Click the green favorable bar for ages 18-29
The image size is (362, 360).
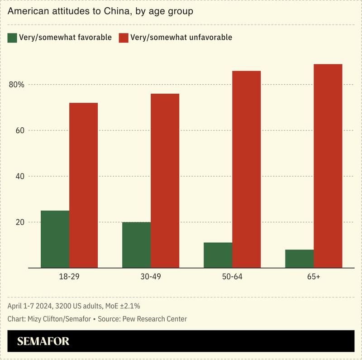(x=55, y=239)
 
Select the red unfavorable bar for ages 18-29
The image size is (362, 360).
(x=83, y=185)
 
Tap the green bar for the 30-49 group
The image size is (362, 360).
(x=136, y=245)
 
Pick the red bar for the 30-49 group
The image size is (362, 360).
(x=165, y=181)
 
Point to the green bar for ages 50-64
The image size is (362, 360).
(x=218, y=255)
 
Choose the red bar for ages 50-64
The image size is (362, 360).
(x=246, y=169)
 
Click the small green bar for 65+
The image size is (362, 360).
(x=299, y=259)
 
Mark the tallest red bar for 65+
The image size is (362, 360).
(x=328, y=166)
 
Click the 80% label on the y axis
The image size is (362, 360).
(x=16, y=85)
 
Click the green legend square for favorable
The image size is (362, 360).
(x=12, y=38)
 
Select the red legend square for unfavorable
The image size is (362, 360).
(x=124, y=38)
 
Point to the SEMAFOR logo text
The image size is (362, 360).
(x=43, y=341)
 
